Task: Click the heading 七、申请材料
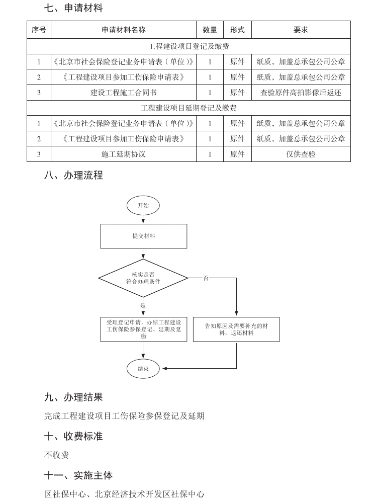(73, 8)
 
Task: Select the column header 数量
(210, 30)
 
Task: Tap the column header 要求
(301, 30)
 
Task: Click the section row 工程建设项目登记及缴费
(189, 46)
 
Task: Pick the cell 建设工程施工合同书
(123, 93)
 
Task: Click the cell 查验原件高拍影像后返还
(301, 93)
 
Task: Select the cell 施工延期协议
(123, 154)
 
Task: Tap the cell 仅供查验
(301, 154)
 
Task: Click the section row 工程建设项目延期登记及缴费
(189, 108)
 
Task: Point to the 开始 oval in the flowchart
(143, 205)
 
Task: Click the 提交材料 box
(143, 236)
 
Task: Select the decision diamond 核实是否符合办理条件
(143, 278)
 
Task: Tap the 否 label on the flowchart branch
(206, 278)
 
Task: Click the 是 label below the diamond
(143, 305)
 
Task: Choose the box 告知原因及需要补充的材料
(236, 329)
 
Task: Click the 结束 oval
(143, 369)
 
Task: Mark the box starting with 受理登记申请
(143, 329)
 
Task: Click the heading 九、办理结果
(73, 397)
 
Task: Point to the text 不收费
(56, 455)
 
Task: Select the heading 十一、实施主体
(78, 475)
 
